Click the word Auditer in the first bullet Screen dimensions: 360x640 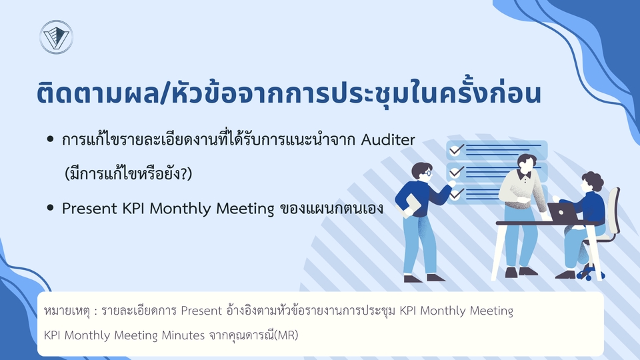point(389,140)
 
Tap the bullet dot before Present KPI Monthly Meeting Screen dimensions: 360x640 point(50,209)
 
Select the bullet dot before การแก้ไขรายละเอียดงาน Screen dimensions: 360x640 point(50,140)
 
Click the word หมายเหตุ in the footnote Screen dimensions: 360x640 point(65,311)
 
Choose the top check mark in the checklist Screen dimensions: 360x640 point(456,150)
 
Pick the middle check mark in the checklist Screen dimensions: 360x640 point(456,172)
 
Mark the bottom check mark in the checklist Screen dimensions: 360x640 point(456,194)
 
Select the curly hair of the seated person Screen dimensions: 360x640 point(591,181)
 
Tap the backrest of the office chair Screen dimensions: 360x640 point(611,210)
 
